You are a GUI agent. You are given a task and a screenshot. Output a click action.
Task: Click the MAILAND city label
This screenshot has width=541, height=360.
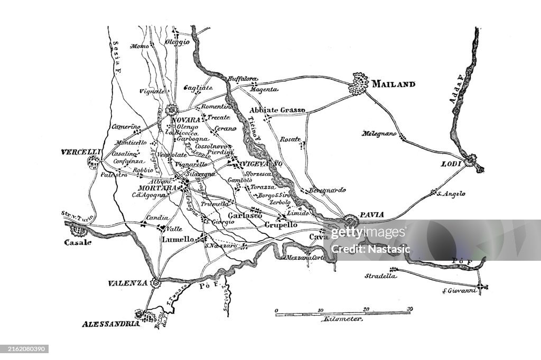393,84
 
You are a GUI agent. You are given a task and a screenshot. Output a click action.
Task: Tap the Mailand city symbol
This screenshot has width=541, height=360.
359,85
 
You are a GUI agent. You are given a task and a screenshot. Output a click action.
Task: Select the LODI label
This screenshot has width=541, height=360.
451,164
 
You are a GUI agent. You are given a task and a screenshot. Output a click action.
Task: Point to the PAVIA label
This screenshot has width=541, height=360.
372,215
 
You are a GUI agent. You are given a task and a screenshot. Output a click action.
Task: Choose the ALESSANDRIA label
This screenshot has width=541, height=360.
110,323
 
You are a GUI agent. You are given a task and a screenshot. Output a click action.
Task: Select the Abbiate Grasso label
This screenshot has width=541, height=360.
277,110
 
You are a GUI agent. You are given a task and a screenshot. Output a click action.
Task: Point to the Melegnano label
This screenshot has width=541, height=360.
379,134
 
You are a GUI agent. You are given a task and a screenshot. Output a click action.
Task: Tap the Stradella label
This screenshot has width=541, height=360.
380,276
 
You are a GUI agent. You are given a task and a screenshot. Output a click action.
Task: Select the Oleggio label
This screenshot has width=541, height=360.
177,42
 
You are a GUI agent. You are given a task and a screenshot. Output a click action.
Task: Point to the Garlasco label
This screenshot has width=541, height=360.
245,216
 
